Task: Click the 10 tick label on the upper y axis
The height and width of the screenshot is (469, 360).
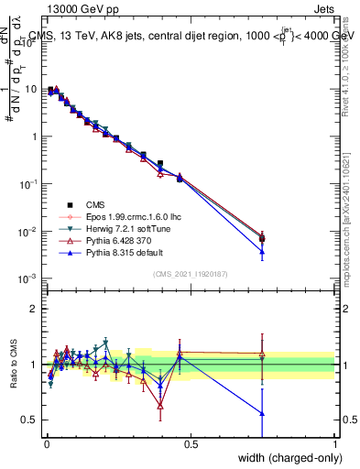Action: [32, 90]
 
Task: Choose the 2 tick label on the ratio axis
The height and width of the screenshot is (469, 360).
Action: [34, 309]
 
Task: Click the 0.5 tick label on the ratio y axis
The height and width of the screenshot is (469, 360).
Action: [30, 420]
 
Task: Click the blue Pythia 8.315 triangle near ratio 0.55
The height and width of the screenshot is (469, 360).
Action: [262, 413]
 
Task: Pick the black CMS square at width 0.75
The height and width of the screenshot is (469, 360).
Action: [262, 239]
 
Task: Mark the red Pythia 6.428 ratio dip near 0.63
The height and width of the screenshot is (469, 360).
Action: [160, 405]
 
